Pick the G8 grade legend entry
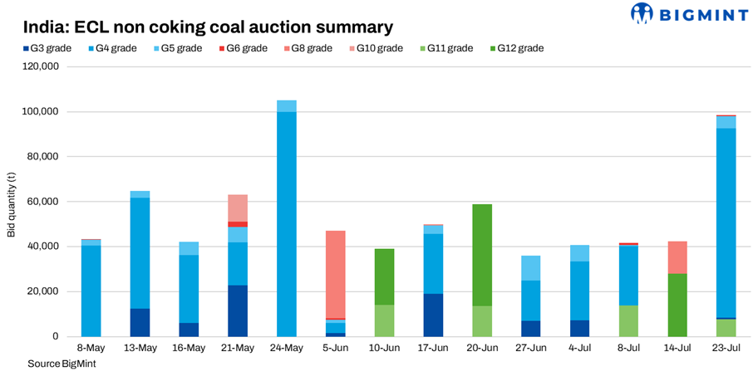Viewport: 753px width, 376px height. tap(312, 48)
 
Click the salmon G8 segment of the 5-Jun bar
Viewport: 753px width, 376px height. tap(335, 274)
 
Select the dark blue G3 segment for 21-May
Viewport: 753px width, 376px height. tap(238, 310)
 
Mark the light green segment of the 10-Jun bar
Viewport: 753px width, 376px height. tap(384, 320)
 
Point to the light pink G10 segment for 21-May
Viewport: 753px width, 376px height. tap(238, 208)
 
